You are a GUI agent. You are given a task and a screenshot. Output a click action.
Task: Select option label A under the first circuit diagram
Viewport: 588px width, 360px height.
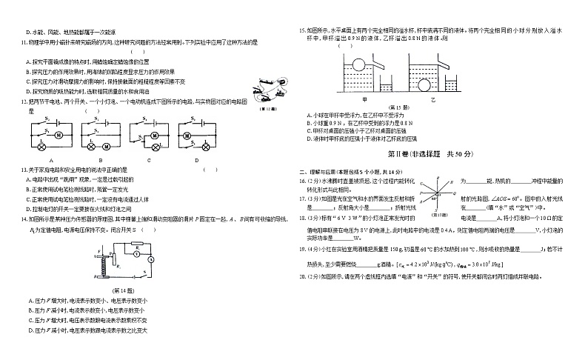[50, 160]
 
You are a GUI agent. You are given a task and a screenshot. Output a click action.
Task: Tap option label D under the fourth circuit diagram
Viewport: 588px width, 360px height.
[197, 160]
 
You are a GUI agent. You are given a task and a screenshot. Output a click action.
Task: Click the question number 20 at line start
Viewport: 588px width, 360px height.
[302, 276]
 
